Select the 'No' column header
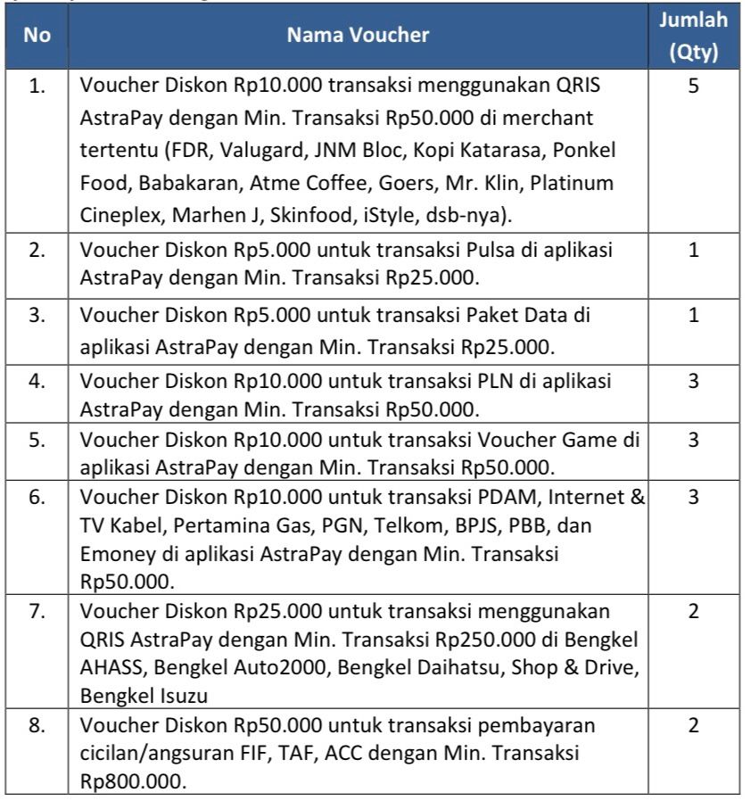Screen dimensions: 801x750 coord(37,36)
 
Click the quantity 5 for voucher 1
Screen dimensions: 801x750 coord(693,90)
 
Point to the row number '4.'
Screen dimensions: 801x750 coord(37,382)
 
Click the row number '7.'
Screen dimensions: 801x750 coord(37,612)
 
